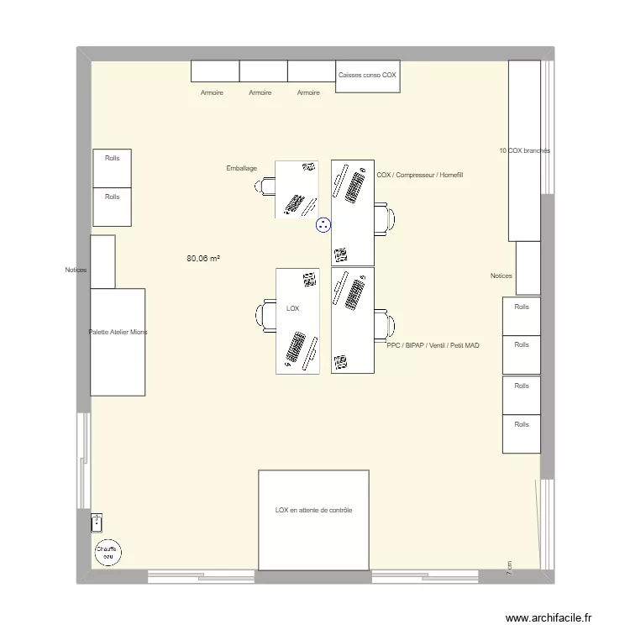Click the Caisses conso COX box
pos(367,76)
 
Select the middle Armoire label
pos(260,93)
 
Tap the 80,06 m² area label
pos(203,260)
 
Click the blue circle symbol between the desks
pos(323,224)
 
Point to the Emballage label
pos(242,169)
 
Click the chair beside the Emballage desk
pos(266,186)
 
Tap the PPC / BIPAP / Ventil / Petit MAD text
pos(433,345)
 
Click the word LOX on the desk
pos(292,309)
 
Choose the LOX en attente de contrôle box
pos(313,519)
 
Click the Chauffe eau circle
pos(108,553)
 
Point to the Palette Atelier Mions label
pos(118,333)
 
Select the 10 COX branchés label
pos(524,150)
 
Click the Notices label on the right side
pos(501,276)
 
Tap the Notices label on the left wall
pos(76,270)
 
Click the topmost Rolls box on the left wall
pos(112,168)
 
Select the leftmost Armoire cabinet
pos(215,71)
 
